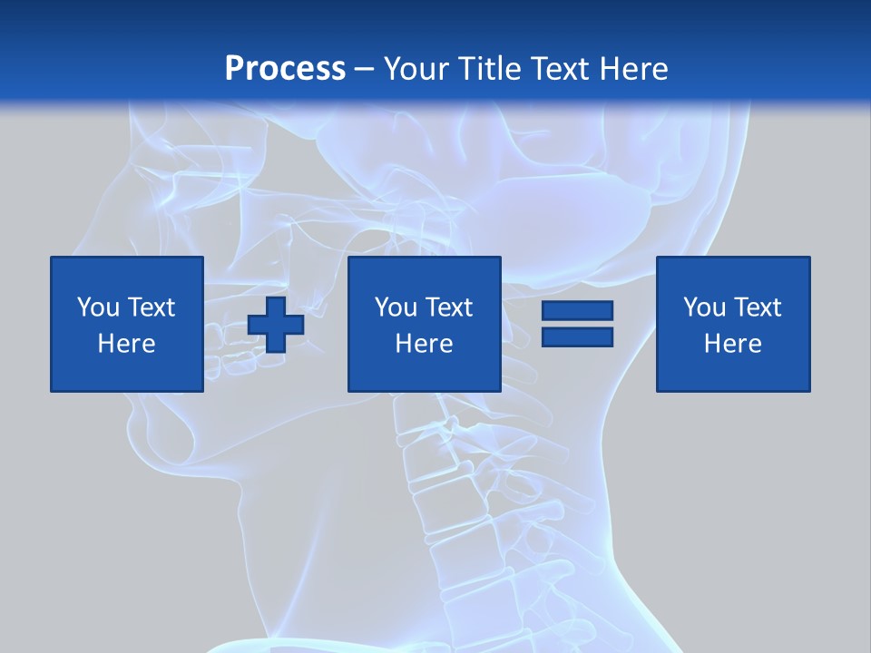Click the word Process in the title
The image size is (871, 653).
285,69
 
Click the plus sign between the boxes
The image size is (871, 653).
276,325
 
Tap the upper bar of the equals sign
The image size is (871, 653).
577,311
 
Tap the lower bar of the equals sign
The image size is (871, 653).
577,336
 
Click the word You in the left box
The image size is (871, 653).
97,307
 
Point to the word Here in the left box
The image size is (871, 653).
127,344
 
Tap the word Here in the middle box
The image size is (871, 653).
424,344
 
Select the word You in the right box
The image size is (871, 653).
703,307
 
